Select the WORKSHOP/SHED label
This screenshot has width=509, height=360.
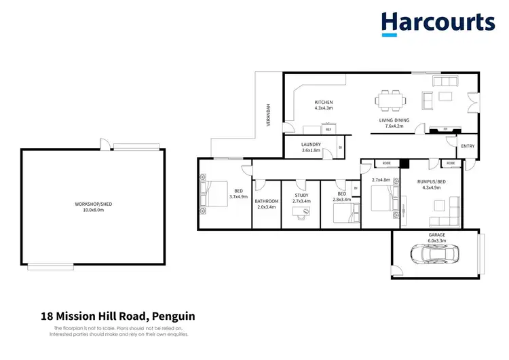[93, 204]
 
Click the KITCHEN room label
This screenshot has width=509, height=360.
[323, 103]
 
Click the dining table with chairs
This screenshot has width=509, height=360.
[391, 101]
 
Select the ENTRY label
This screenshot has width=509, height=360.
[468, 146]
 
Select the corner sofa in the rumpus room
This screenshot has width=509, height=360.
[444, 217]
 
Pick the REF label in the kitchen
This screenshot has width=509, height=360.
[328, 129]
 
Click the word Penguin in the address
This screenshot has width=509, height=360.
[174, 316]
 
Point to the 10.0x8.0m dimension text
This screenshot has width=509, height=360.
[93, 210]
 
